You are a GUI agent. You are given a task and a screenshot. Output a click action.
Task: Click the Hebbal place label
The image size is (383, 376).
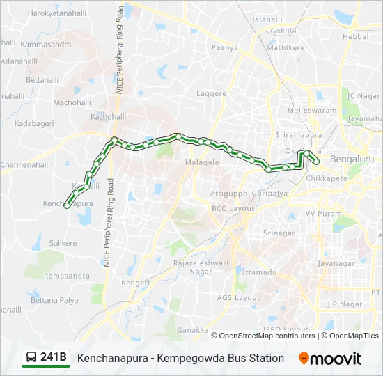355,36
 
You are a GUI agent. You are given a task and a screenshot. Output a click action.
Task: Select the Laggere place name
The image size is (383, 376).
208,93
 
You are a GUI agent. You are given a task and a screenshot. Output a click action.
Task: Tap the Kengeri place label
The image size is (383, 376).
135,283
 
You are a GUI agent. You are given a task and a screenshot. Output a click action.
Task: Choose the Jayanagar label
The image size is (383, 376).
337,264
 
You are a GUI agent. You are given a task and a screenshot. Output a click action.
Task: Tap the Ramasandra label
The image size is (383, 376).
67,276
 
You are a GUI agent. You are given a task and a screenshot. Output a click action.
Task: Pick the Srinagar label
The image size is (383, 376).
279,233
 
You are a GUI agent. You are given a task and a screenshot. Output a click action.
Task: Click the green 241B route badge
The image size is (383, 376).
46,358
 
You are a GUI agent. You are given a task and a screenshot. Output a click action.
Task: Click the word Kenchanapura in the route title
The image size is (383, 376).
112,358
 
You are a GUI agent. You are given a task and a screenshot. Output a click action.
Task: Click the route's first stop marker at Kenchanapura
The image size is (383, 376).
67,205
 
